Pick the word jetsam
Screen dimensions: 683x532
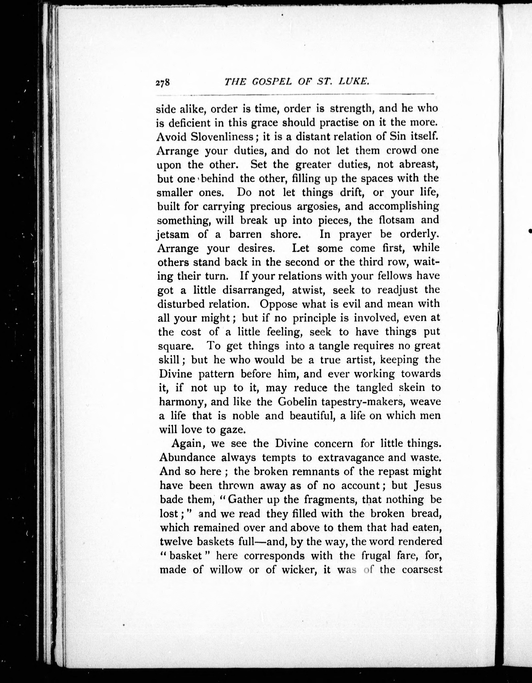coord(172,235)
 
